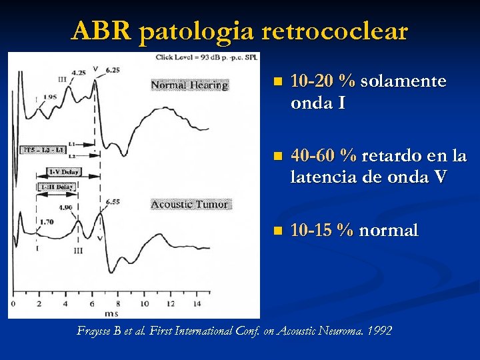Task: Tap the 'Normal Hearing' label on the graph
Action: [189, 85]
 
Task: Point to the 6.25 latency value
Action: [112, 69]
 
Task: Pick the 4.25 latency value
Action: [78, 73]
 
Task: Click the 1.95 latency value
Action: [49, 97]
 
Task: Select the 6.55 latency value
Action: [111, 201]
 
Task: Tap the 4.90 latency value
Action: [65, 207]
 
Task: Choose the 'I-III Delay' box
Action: [56, 187]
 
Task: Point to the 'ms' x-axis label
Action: [111, 313]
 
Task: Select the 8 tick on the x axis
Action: [117, 304]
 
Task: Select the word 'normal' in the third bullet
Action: [389, 231]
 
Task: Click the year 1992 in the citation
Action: [379, 331]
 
